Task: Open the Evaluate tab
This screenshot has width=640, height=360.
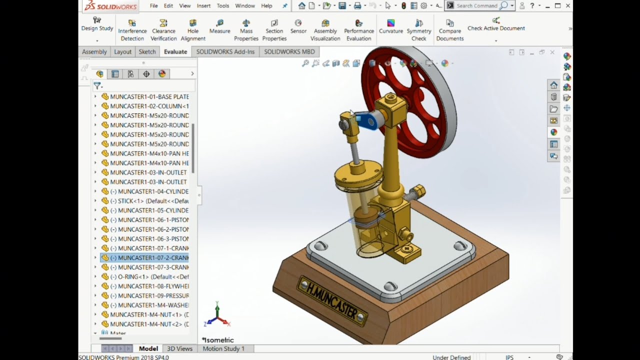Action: tap(175, 51)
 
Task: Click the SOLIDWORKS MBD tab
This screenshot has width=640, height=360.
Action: tap(289, 51)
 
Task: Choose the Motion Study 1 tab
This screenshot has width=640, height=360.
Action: tap(223, 348)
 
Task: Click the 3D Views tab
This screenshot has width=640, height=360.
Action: tap(179, 348)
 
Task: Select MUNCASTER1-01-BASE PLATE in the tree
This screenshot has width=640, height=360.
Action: tap(149, 96)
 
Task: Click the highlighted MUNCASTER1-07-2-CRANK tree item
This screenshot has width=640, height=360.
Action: tap(149, 257)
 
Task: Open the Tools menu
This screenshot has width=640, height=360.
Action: tap(223, 6)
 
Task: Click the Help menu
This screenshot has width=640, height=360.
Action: tap(266, 6)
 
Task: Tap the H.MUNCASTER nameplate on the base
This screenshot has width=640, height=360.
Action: tap(332, 300)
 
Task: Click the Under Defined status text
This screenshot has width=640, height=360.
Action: tap(451, 357)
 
